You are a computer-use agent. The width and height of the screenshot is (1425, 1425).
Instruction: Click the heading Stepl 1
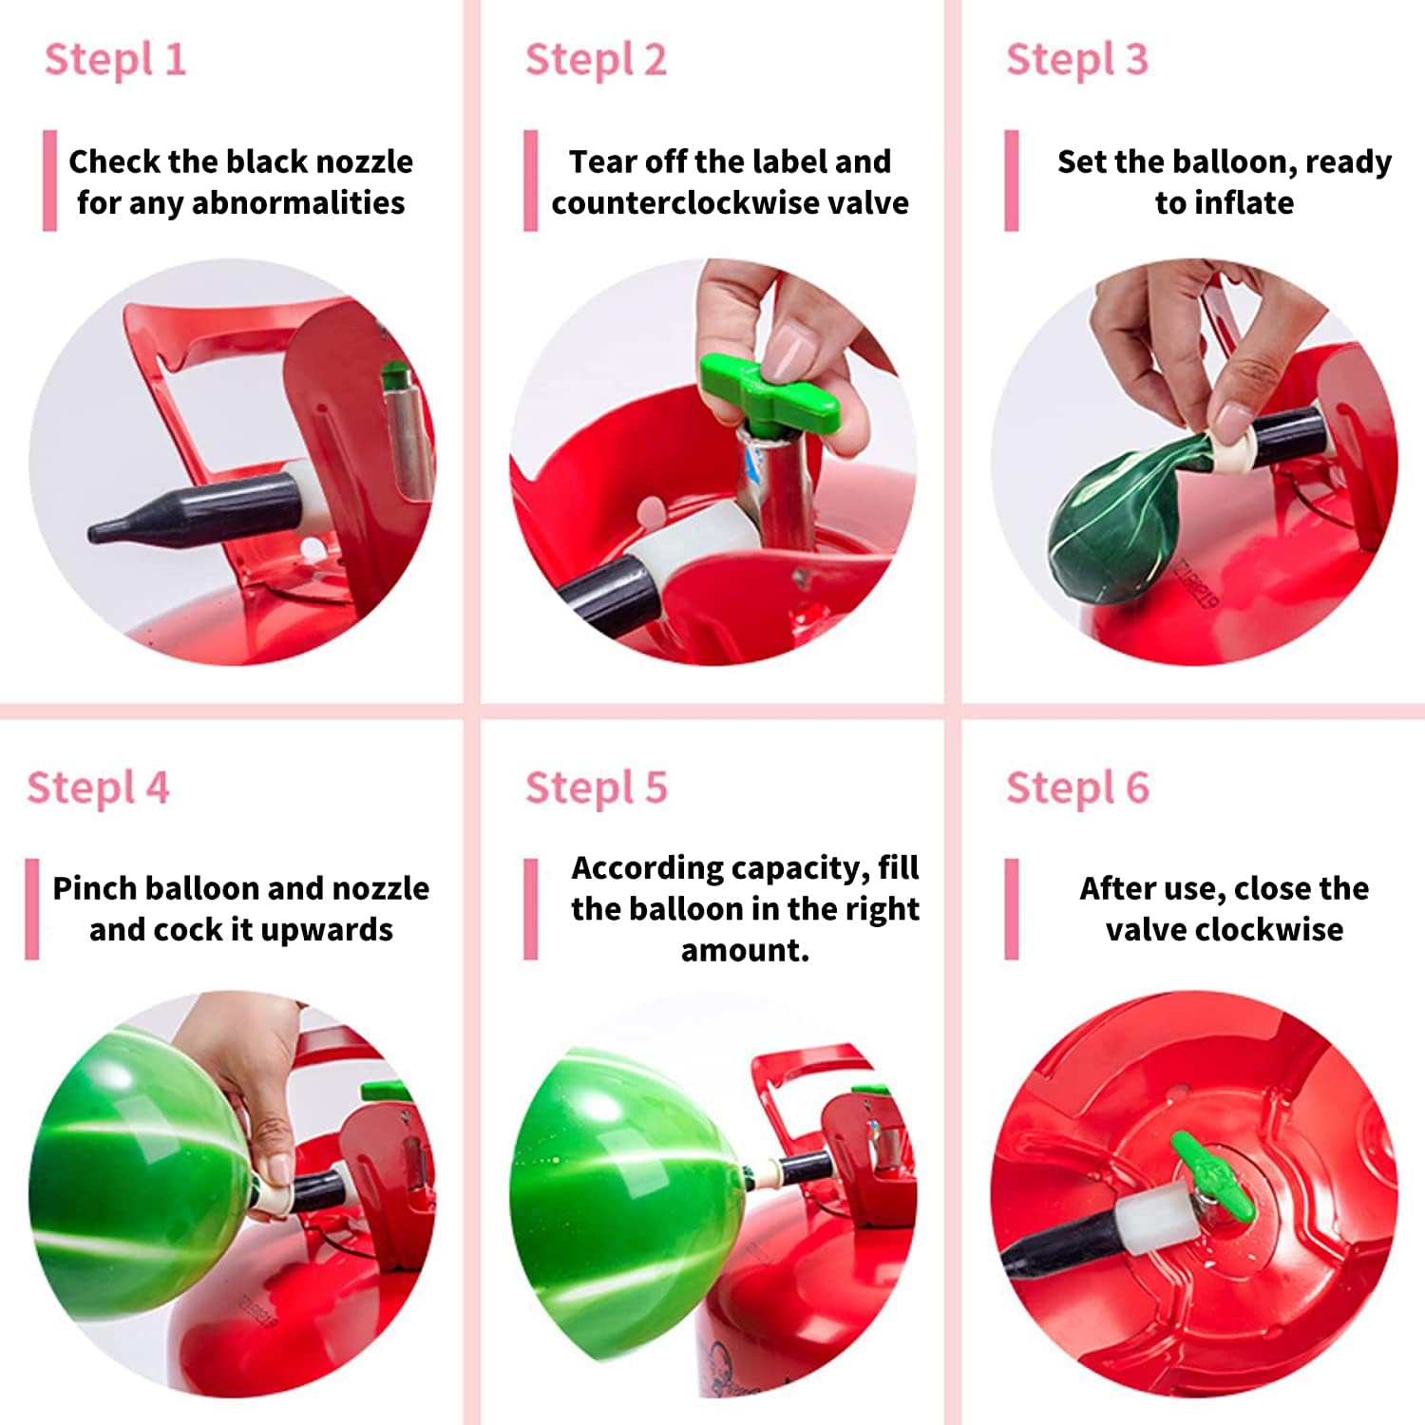click(115, 61)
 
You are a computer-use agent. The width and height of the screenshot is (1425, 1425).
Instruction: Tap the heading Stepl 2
click(596, 61)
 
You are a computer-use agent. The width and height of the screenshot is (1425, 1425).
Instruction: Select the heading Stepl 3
click(1077, 61)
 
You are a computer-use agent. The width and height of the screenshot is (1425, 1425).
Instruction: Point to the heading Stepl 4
click(98, 788)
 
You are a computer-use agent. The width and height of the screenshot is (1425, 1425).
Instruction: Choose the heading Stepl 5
click(597, 788)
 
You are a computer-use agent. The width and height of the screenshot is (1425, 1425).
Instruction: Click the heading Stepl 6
click(1078, 788)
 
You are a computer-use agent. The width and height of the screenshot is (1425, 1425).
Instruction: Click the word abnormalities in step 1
click(298, 202)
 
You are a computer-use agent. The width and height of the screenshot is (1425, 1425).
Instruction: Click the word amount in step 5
click(741, 950)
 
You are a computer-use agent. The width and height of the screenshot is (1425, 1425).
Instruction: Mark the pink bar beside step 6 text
click(1012, 909)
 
